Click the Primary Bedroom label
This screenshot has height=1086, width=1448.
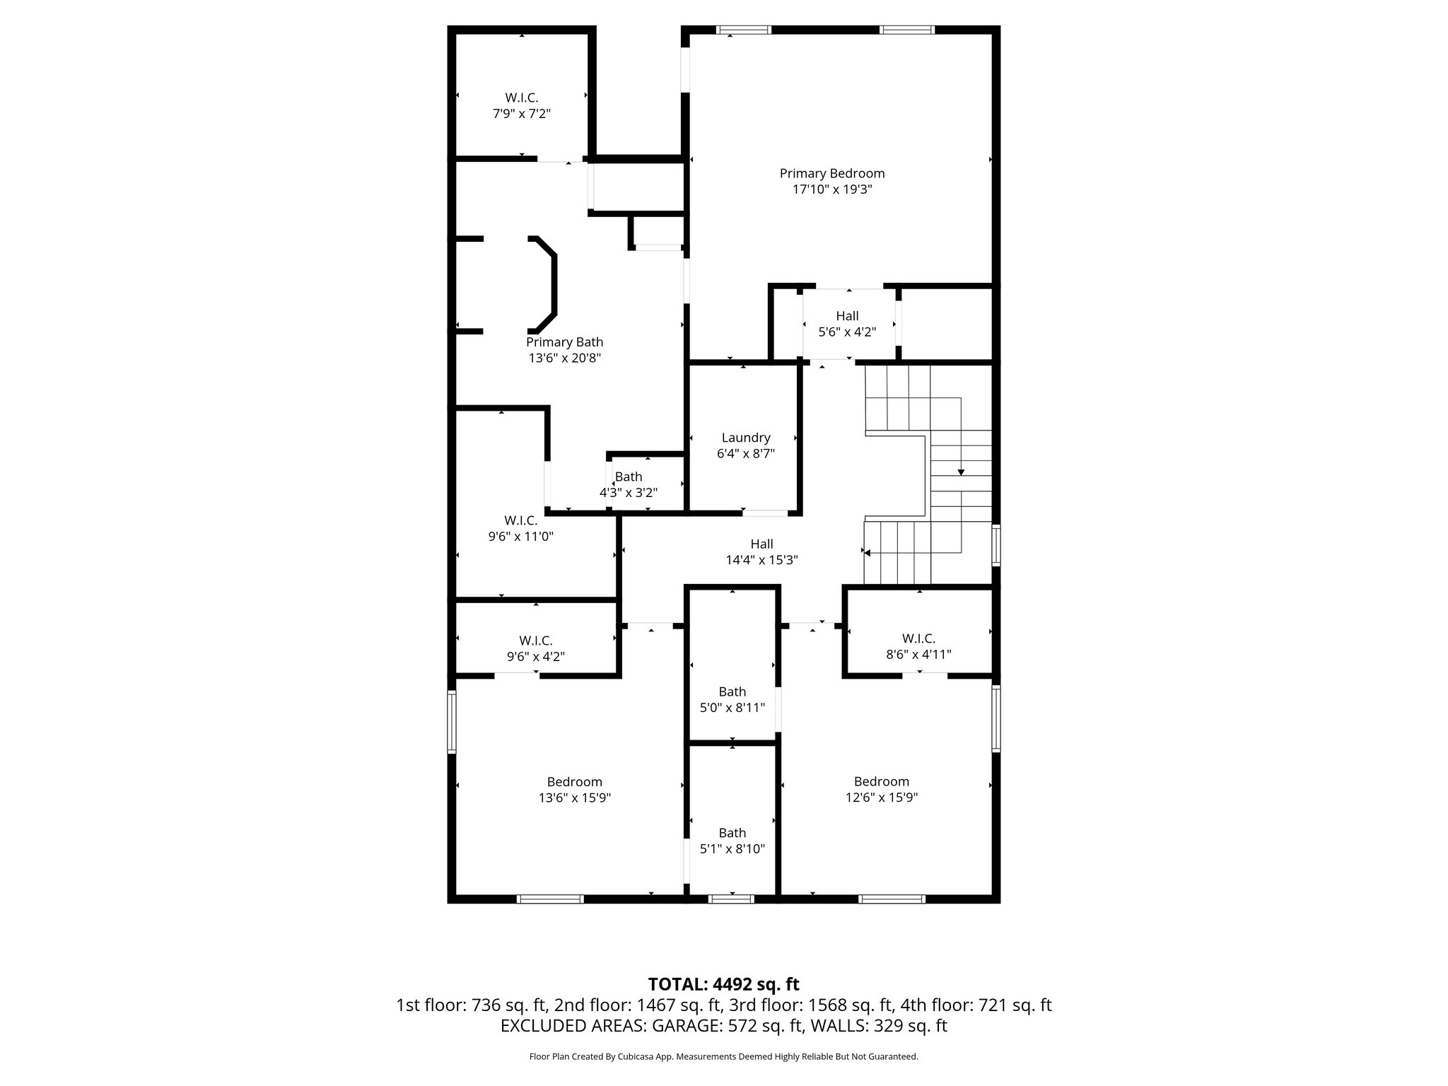click(831, 173)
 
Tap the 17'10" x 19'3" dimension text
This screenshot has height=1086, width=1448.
click(831, 189)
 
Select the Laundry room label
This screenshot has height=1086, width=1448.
click(745, 438)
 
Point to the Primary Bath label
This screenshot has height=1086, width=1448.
click(564, 342)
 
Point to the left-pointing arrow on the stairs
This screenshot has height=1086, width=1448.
click(868, 553)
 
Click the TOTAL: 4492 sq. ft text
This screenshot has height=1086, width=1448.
click(723, 984)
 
